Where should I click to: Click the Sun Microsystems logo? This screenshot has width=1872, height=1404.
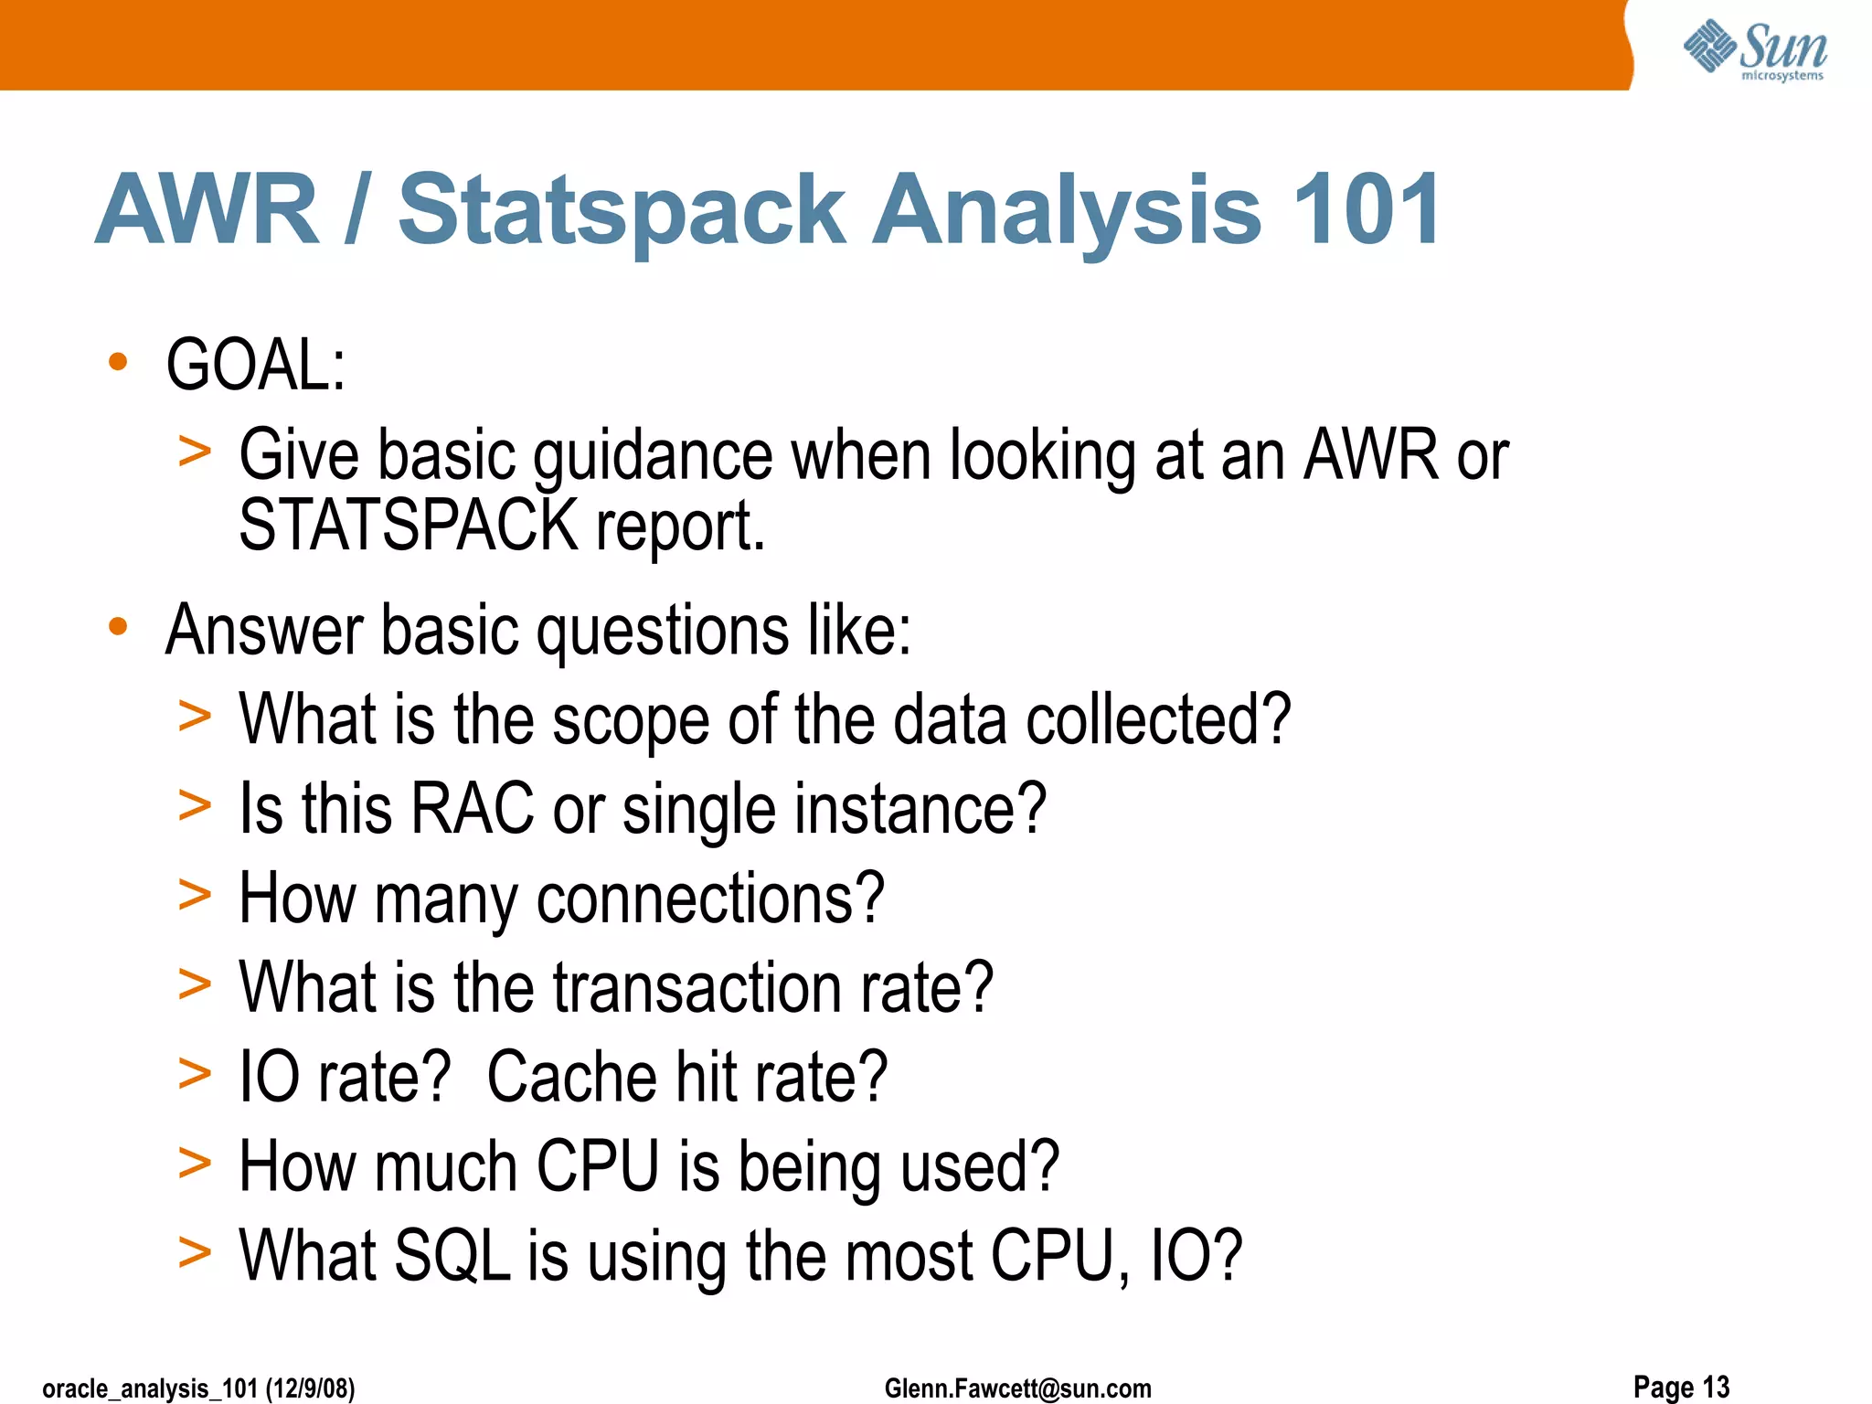[1754, 49]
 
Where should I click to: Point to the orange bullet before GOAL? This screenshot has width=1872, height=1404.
[118, 362]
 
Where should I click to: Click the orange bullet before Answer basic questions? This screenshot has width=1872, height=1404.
[118, 627]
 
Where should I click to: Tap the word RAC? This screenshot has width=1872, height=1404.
[473, 808]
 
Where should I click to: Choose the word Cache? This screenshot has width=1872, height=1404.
[570, 1077]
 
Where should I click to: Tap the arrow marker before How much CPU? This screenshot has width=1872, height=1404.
[195, 1165]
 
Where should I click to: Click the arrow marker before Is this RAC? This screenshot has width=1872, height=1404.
[195, 806]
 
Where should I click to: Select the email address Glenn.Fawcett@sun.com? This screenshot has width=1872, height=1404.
[1017, 1388]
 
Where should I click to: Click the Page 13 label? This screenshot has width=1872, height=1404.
[1681, 1386]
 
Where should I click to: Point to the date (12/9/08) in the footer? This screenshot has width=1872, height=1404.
[310, 1388]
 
